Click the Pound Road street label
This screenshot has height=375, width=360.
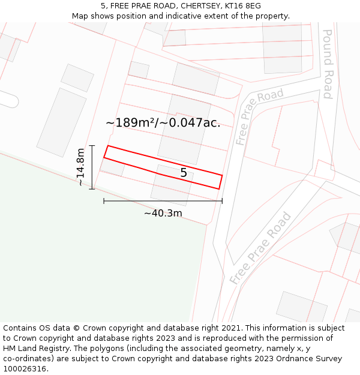point(328,64)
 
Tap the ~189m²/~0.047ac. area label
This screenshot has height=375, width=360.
point(163,123)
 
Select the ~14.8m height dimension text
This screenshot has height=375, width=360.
point(81,167)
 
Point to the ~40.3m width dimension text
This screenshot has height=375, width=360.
point(163,213)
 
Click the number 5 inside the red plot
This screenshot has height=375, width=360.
point(184,173)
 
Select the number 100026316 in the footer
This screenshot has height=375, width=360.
point(25,369)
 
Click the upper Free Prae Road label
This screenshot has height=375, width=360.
point(259,117)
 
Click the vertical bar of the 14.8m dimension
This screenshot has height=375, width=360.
point(92,167)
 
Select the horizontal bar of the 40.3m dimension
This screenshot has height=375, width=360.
point(163,201)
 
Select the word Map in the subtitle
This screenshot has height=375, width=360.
point(80,16)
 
